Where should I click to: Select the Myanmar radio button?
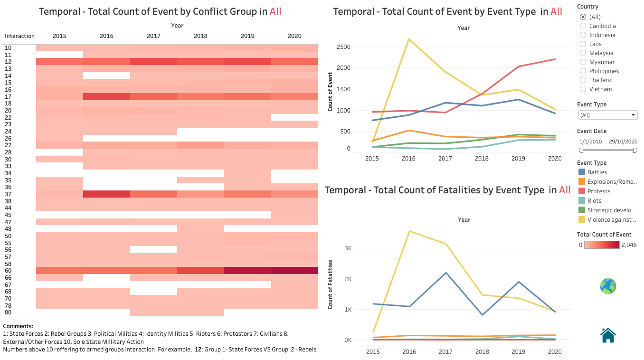point(583,62)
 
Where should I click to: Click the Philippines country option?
point(583,71)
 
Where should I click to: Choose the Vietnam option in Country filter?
point(583,89)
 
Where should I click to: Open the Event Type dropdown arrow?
point(633,115)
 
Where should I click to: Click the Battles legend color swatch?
point(581,172)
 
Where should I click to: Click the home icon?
point(608,335)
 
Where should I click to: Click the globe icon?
point(608,286)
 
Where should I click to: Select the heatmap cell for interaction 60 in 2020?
point(294,271)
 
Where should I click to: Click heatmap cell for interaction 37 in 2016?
point(106,194)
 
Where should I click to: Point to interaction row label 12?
point(9,62)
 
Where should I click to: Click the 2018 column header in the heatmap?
point(200,36)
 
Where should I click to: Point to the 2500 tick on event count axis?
point(343,47)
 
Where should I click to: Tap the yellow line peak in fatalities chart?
point(410,231)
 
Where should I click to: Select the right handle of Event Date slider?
point(635,150)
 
